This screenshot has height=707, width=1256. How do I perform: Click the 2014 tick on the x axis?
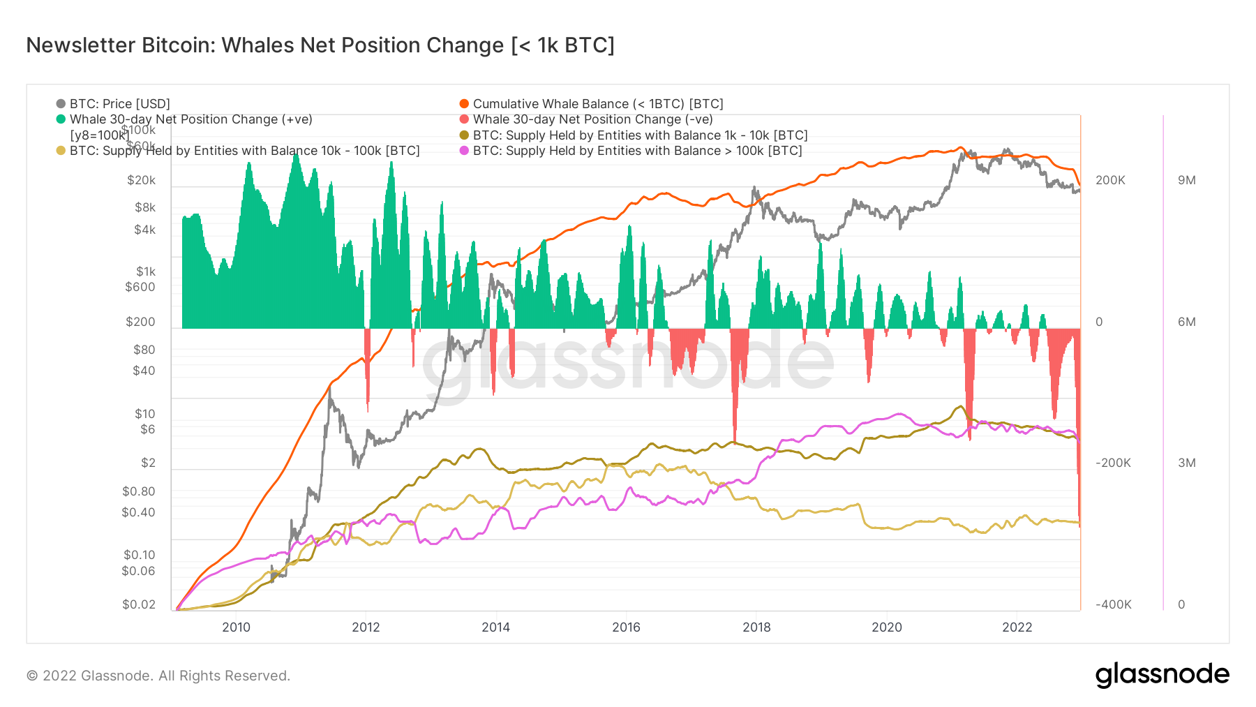pyautogui.click(x=495, y=627)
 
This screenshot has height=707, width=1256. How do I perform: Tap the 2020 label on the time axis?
pyautogui.click(x=886, y=627)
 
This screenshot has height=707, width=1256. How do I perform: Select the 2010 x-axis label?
pyautogui.click(x=236, y=627)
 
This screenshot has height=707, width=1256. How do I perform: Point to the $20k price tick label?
pyautogui.click(x=141, y=180)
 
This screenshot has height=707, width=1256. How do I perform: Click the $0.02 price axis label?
pyautogui.click(x=138, y=604)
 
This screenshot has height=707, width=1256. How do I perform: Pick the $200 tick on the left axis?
pyautogui.click(x=140, y=322)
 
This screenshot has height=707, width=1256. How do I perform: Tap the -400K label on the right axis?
pyautogui.click(x=1113, y=604)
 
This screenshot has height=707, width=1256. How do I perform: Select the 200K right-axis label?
pyautogui.click(x=1110, y=180)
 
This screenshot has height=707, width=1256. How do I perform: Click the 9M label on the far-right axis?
pyautogui.click(x=1186, y=180)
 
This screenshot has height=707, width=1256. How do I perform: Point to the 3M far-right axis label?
pyautogui.click(x=1186, y=463)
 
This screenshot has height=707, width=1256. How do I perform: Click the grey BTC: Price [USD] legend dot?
pyautogui.click(x=61, y=104)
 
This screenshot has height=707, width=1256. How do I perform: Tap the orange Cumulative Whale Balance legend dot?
pyautogui.click(x=464, y=104)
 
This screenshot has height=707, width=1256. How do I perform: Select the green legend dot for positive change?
pyautogui.click(x=61, y=119)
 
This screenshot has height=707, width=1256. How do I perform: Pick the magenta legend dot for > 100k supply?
pyautogui.click(x=464, y=151)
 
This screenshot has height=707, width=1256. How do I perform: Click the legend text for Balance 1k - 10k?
pyautogui.click(x=640, y=135)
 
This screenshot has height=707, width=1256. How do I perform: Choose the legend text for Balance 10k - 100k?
pyautogui.click(x=244, y=151)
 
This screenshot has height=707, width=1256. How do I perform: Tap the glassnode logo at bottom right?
pyautogui.click(x=1162, y=675)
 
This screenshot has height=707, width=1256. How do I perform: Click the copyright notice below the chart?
pyautogui.click(x=158, y=676)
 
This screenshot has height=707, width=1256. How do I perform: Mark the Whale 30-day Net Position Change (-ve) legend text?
pyautogui.click(x=592, y=119)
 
